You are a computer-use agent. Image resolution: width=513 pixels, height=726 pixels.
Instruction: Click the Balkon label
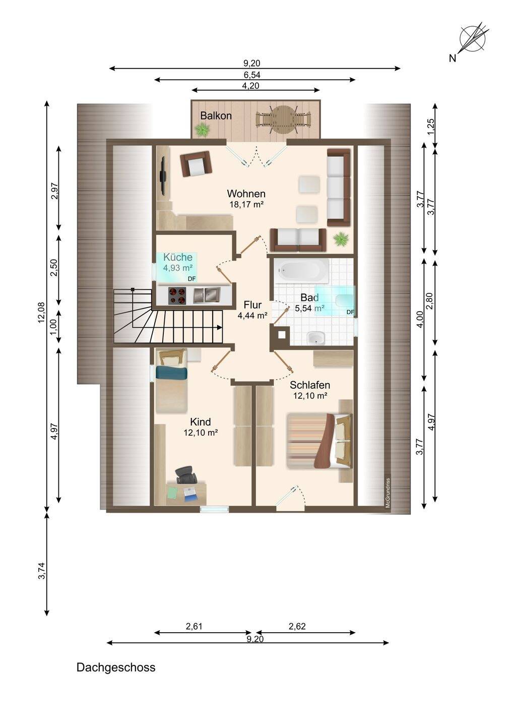(x=216, y=116)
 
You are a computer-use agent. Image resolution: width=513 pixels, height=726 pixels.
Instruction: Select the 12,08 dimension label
(x=41, y=312)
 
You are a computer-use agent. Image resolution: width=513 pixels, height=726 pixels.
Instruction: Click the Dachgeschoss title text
(x=116, y=668)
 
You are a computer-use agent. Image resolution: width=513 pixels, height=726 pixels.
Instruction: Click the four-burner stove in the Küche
(x=178, y=295)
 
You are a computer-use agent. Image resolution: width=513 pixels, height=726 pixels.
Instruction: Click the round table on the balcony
(x=284, y=119)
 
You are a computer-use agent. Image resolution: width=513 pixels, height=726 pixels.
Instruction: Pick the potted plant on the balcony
(x=203, y=130)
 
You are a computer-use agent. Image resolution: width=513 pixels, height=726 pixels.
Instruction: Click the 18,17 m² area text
(x=246, y=205)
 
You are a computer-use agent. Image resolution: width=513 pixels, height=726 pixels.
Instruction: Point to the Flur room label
(x=252, y=305)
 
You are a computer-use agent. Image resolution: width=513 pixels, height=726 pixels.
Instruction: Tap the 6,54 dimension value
(x=252, y=75)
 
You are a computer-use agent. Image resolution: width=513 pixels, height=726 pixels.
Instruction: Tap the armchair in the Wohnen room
(x=196, y=164)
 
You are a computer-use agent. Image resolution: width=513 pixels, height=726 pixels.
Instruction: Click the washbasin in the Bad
(x=316, y=338)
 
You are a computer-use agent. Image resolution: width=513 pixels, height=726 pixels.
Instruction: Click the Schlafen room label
(x=310, y=385)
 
